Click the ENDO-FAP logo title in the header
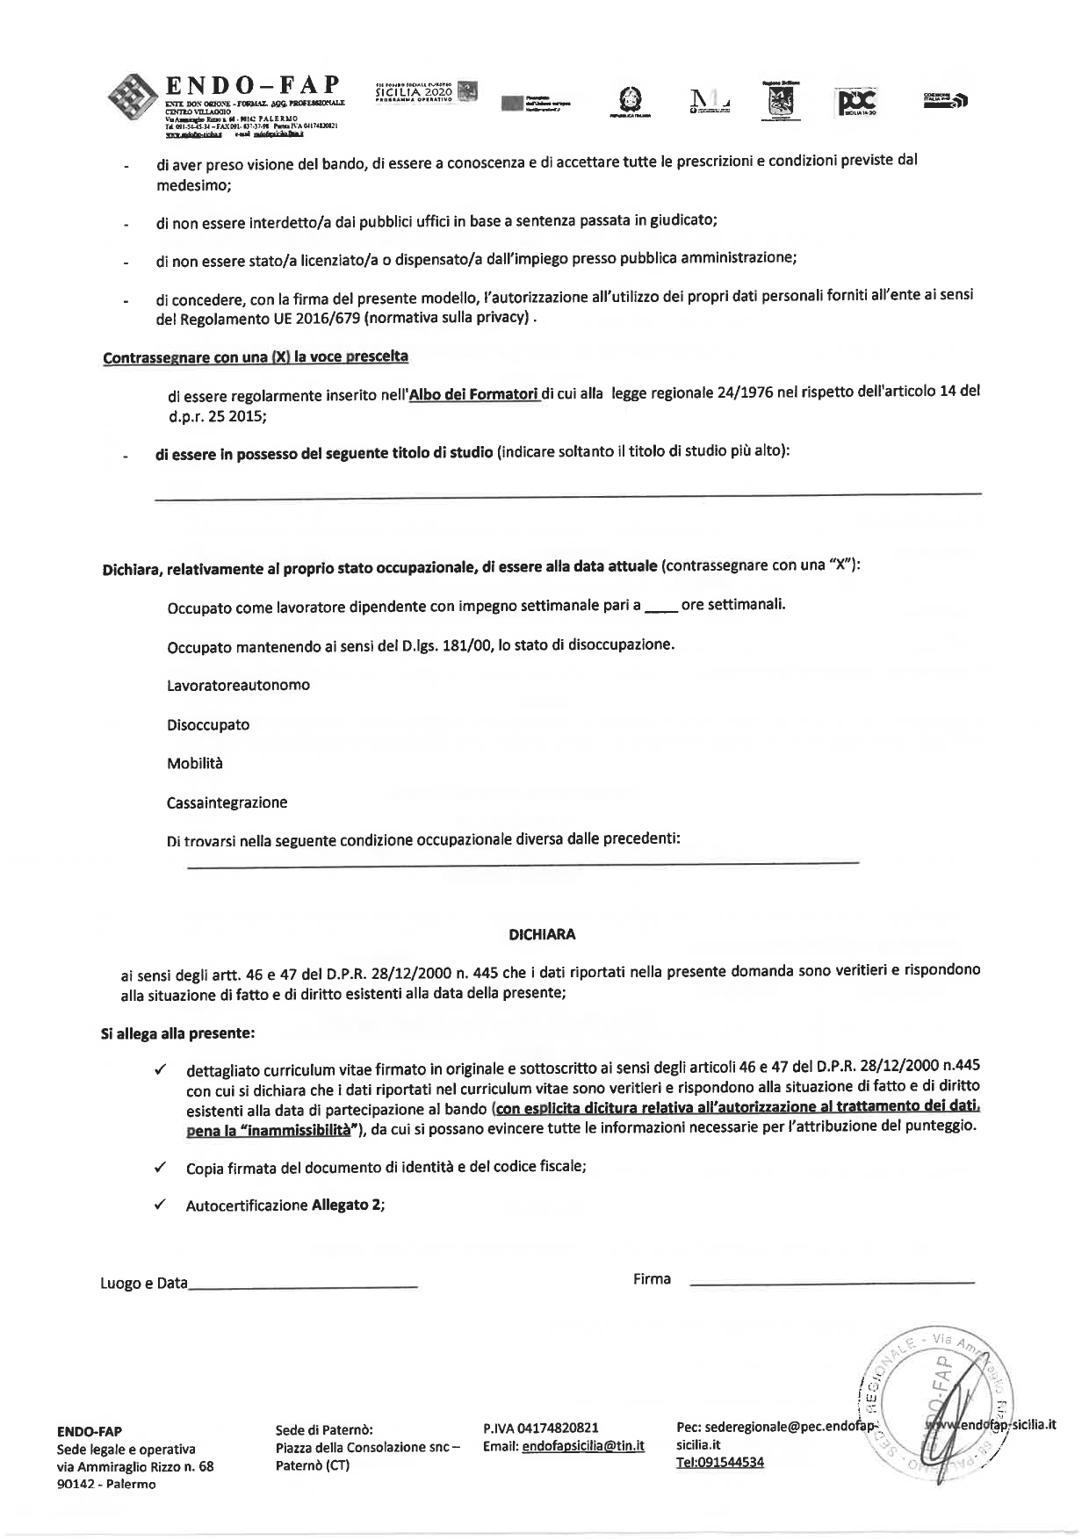(x=253, y=86)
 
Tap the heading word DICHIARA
(x=543, y=934)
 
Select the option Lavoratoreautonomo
(x=238, y=685)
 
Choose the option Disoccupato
(x=208, y=724)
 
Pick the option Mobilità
(x=195, y=763)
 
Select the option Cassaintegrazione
(x=227, y=802)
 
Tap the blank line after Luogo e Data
(x=303, y=1286)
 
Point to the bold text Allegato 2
(x=347, y=1205)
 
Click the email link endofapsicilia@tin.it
(x=583, y=1446)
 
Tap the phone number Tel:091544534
(x=720, y=1462)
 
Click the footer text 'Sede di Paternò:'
(x=324, y=1430)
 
